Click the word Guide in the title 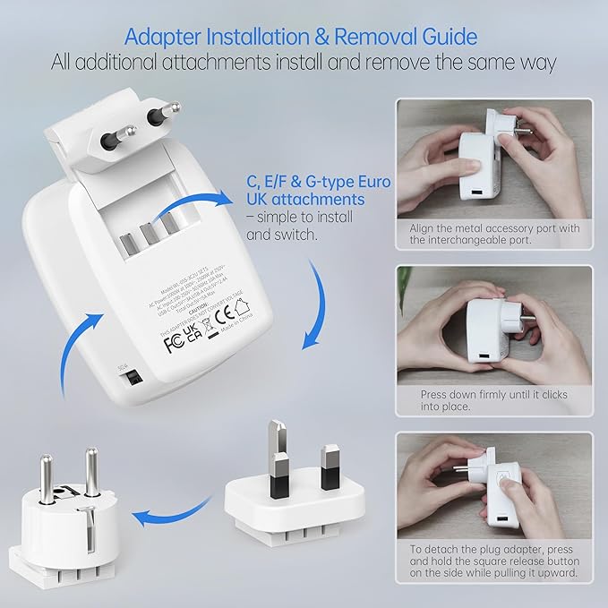click(x=442, y=37)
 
